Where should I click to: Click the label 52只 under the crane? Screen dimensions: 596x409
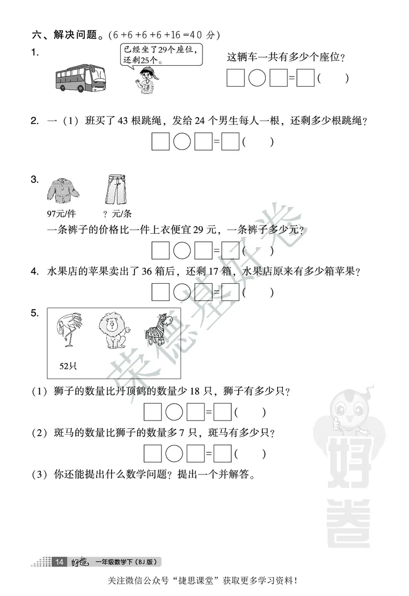[x=68, y=366]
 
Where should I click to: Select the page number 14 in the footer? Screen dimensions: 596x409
[x=59, y=562]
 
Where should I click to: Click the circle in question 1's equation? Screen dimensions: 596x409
[x=257, y=79]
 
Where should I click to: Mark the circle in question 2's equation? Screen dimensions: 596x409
[x=182, y=142]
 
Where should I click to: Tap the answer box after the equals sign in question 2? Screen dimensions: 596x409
[x=231, y=142]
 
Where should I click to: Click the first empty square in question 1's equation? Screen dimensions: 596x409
[x=236, y=79]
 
